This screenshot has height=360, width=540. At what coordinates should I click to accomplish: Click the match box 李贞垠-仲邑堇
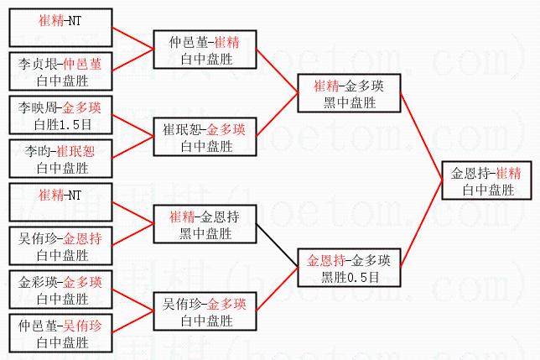(60, 71)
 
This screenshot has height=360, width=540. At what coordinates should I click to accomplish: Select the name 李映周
(38, 107)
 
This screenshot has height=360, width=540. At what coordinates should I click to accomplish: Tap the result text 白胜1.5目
(63, 124)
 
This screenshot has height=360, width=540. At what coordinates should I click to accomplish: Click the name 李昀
(37, 151)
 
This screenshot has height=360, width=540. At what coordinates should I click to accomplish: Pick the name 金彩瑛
(38, 282)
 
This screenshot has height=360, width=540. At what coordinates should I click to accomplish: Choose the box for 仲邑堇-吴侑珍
(60, 333)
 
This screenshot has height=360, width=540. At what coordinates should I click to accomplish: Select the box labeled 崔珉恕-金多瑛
(205, 137)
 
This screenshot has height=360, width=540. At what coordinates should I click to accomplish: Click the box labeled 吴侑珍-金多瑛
(205, 311)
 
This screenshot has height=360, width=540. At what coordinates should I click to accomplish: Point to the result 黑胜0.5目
(350, 277)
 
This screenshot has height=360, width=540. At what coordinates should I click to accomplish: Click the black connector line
(278, 245)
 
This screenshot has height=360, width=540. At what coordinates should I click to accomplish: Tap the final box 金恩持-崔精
(487, 180)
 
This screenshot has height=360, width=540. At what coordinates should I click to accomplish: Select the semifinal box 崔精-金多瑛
(349, 93)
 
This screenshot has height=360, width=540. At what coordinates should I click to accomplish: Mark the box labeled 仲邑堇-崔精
(205, 50)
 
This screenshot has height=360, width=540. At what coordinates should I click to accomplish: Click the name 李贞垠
(38, 64)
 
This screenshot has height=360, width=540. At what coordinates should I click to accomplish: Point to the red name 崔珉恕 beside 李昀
(75, 151)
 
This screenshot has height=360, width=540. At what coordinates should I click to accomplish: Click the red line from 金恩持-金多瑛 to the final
(422, 223)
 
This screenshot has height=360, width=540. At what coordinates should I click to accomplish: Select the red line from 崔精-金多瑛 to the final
(422, 136)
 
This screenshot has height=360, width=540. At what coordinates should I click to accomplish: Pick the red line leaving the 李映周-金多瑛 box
(133, 126)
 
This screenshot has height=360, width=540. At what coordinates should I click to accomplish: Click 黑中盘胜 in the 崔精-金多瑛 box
(349, 102)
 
